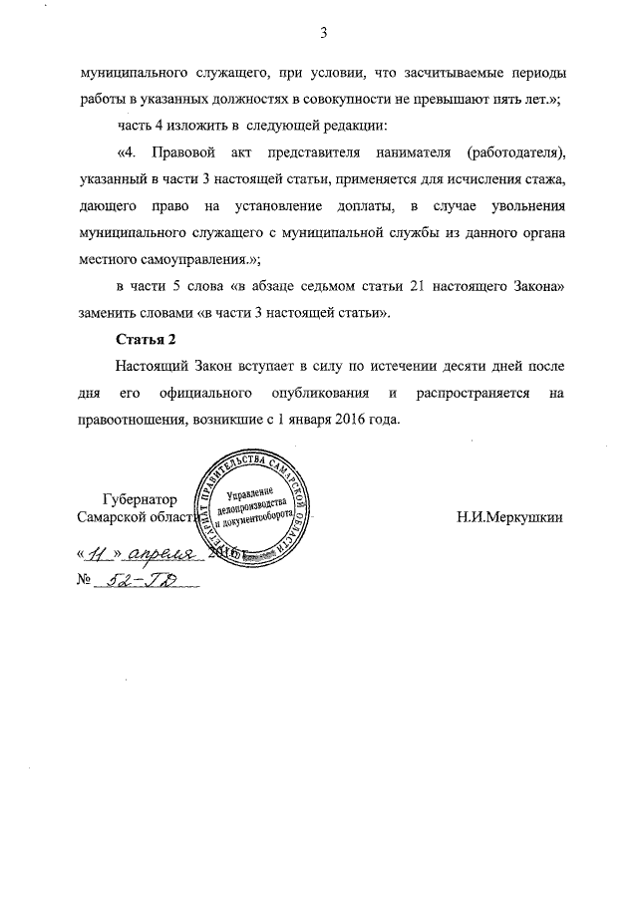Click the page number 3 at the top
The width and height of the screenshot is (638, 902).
click(x=323, y=34)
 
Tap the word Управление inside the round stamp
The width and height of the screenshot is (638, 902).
click(x=252, y=492)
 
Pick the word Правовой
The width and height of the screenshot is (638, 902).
click(x=185, y=153)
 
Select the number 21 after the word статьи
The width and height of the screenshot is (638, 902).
click(x=418, y=286)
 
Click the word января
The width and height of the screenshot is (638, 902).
click(x=319, y=419)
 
